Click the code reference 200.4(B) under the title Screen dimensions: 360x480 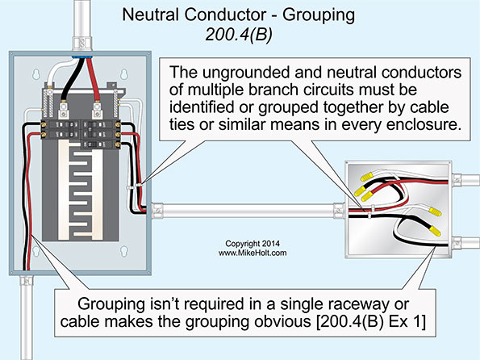pyautogui.click(x=239, y=33)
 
